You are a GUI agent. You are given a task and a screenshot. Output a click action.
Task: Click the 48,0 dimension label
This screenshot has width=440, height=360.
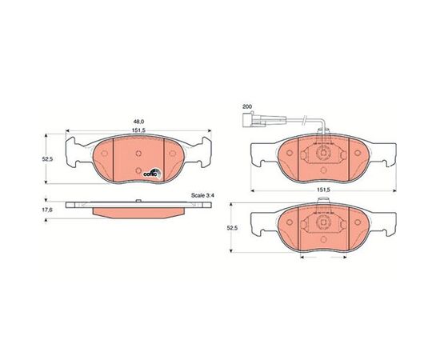click(138, 122)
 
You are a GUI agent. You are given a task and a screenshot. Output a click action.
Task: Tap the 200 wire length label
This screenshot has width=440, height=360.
click(247, 106)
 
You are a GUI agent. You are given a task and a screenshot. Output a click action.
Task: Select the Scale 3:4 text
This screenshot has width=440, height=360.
click(202, 195)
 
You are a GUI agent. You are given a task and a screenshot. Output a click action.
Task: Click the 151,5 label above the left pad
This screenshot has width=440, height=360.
click(138, 130)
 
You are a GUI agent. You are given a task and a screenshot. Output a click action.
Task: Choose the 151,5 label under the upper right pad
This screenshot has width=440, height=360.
click(323, 190)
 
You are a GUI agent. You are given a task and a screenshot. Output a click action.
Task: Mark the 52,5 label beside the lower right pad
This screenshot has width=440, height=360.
click(232, 228)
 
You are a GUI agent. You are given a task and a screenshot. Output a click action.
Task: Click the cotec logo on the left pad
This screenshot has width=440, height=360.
click(152, 173)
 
